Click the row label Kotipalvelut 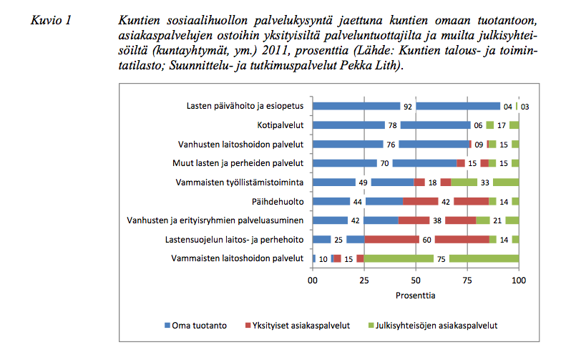(x=280, y=125)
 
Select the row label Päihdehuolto (x=278, y=202)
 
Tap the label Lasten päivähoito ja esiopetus (x=245, y=106)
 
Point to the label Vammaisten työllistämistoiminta (x=240, y=183)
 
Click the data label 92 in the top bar (x=408, y=107)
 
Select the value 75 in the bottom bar (x=441, y=259)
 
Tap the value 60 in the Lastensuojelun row (x=426, y=240)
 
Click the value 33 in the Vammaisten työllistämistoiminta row (x=485, y=183)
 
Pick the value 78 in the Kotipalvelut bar (x=392, y=126)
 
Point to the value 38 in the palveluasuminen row (x=437, y=220)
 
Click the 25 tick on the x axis (x=364, y=281)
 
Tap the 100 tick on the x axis (x=519, y=281)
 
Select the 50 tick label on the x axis (x=416, y=281)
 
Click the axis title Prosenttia (x=416, y=296)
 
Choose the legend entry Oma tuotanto (x=195, y=326)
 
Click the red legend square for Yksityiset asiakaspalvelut (x=248, y=326)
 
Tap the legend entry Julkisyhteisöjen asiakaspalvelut (x=433, y=326)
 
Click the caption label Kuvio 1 (x=51, y=20)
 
